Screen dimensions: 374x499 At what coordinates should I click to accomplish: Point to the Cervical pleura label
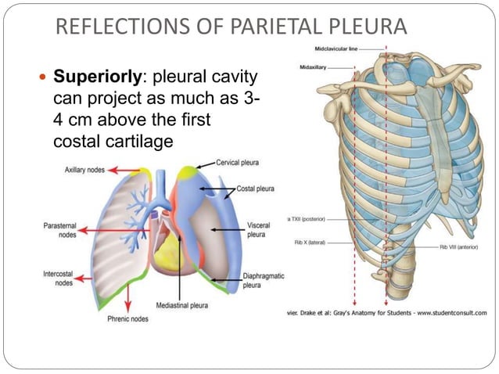click(239, 163)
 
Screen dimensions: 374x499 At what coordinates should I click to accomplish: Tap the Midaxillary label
click(313, 67)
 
